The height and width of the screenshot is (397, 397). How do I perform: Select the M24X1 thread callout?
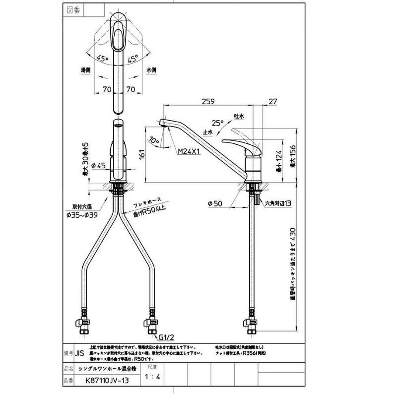188,151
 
